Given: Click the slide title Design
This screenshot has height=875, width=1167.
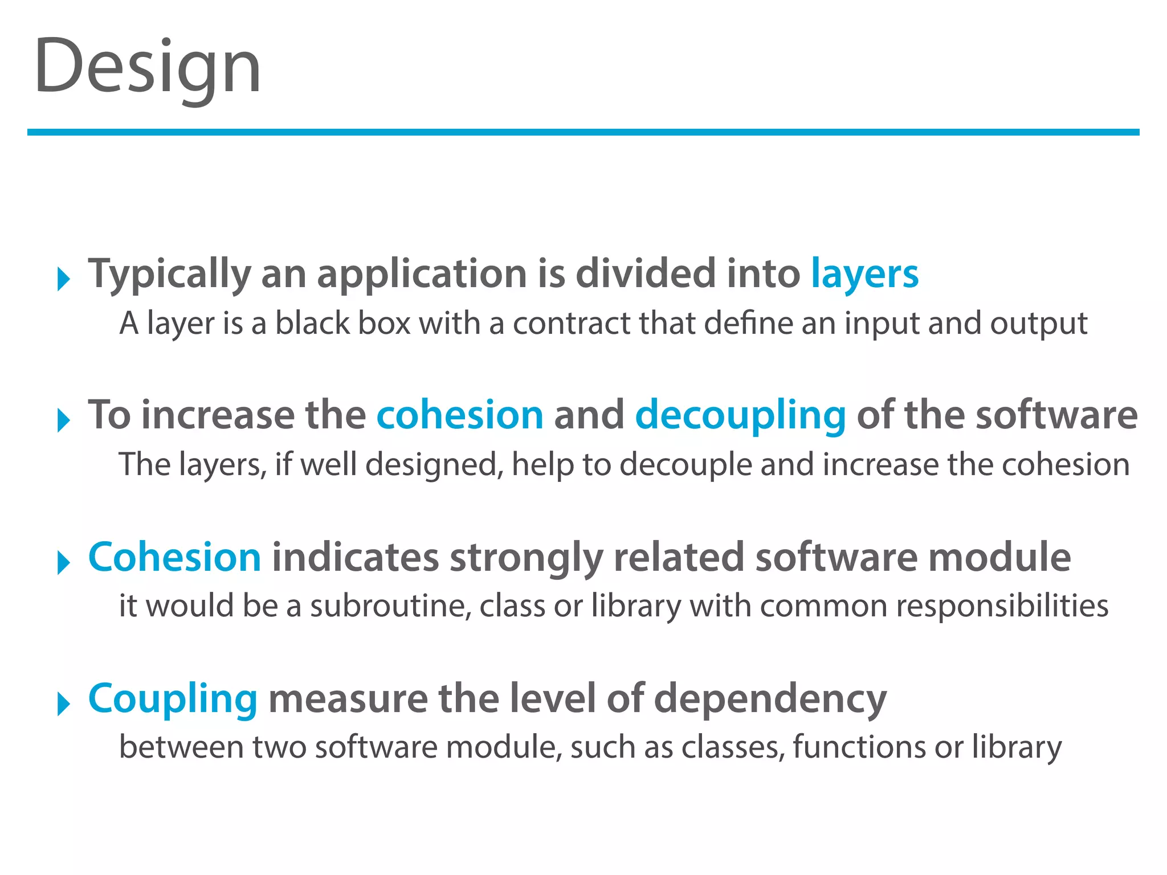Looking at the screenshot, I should coord(147,67).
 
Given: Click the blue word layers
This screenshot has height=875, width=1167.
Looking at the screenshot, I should coord(864,274).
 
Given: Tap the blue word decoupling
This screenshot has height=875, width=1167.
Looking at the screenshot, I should coord(740,415).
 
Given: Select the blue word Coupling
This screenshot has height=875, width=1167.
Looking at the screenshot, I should coord(173,699).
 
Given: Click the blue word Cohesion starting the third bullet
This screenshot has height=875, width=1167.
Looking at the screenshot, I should coord(174,557).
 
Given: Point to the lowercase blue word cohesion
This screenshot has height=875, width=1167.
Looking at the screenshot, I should coord(460,415).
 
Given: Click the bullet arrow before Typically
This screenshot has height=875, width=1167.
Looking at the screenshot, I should coord(63,280).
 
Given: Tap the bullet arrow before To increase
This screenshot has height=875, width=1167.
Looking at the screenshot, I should coord(63,421).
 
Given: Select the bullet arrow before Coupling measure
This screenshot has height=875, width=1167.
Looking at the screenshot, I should coord(63,705).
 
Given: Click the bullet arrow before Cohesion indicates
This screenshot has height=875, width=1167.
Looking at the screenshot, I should coord(63,563).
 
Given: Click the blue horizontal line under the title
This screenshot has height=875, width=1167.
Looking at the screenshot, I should coord(583,132).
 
